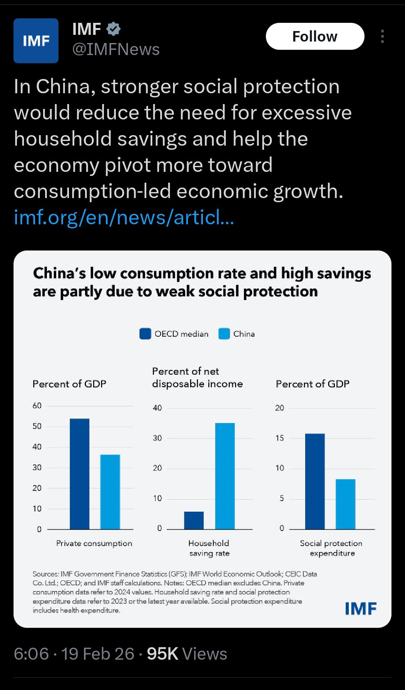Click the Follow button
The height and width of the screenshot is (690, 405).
(315, 37)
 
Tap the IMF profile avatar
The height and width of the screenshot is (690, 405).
(36, 41)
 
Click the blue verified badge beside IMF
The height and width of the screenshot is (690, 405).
(113, 29)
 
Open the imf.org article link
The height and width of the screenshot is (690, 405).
(124, 217)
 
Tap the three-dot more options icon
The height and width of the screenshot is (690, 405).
(382, 37)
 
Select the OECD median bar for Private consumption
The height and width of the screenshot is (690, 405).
(79, 474)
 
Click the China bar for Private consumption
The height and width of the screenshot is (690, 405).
(110, 492)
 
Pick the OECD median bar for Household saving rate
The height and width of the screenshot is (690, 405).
(194, 520)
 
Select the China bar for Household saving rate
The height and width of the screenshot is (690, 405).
(225, 476)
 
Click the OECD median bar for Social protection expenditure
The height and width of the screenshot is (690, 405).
(315, 481)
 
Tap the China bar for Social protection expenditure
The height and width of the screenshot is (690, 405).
(345, 504)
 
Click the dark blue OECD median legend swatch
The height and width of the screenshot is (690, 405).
(145, 334)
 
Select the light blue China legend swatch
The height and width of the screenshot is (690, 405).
(224, 334)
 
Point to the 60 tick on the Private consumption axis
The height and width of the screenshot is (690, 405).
(37, 405)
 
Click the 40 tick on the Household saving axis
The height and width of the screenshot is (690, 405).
(157, 408)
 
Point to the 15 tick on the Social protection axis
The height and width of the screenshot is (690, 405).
(280, 438)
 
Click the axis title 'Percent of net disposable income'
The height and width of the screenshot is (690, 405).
(197, 377)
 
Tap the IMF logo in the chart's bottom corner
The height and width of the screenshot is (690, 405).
(360, 608)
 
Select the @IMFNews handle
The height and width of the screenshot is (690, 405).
(116, 49)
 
